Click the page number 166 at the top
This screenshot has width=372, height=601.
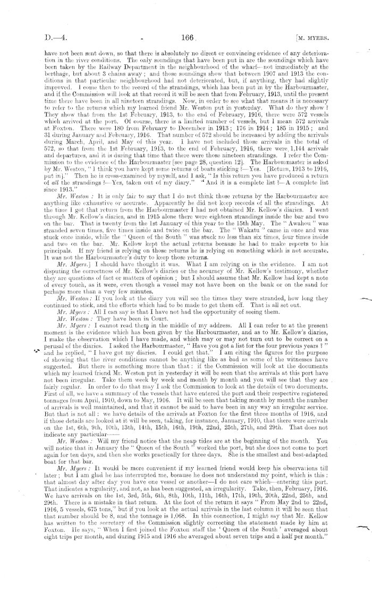coord(189,37)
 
